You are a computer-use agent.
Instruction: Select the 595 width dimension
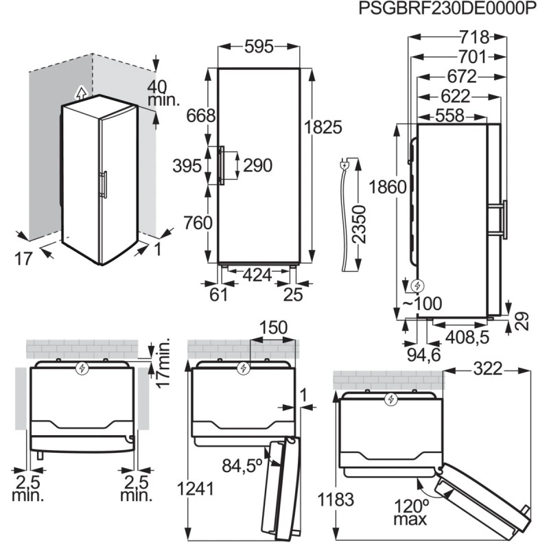[259, 47]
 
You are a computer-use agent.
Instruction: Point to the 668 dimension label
[199, 115]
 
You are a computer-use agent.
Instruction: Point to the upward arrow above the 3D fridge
[80, 92]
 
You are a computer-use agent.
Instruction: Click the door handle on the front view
[220, 165]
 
